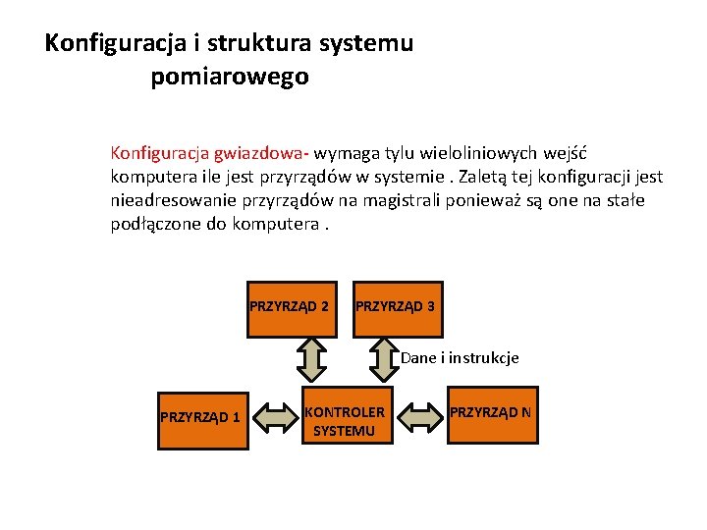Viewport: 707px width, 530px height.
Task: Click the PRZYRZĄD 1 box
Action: tap(202, 416)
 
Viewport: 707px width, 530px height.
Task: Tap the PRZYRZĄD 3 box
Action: tap(396, 307)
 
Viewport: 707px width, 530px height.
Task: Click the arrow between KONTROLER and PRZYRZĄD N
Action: tap(422, 418)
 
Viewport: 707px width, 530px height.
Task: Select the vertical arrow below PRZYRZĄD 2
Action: tap(310, 359)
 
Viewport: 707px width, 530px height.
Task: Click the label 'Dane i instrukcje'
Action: tap(460, 358)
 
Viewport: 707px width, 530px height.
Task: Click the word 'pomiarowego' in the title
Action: tap(230, 77)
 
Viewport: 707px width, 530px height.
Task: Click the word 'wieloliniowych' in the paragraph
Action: tap(475, 154)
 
